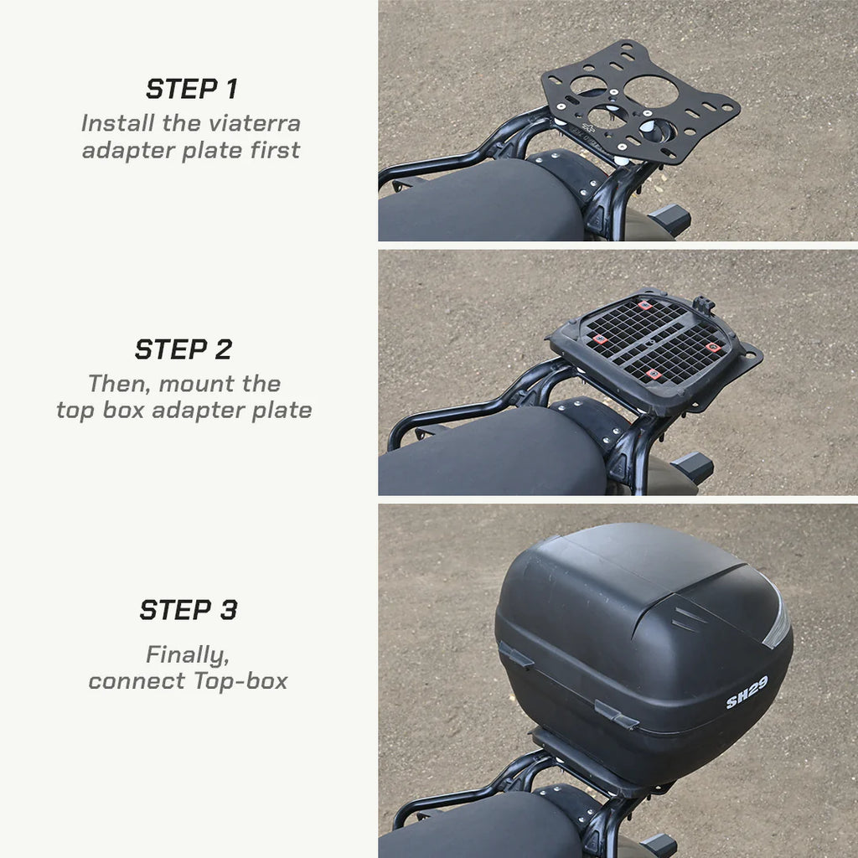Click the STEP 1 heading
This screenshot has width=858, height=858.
point(191,89)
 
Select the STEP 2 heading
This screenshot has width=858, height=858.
point(183,349)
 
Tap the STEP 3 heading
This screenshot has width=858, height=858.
point(189,610)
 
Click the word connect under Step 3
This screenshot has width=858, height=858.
point(138,681)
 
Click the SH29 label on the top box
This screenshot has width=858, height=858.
point(746,693)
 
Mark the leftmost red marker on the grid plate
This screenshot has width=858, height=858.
point(600,339)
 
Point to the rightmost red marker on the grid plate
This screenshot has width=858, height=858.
point(711,346)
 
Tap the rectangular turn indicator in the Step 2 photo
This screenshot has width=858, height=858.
point(693,468)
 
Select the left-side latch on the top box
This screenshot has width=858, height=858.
point(515,655)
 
